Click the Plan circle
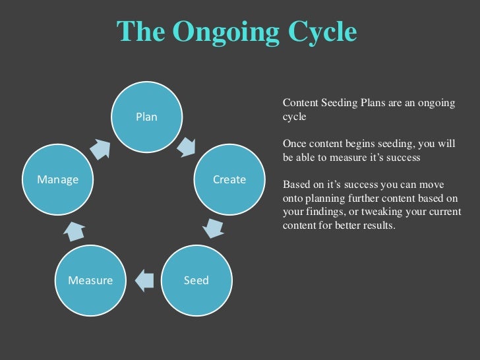[146, 117]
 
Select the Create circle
[228, 180]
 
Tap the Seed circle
[196, 280]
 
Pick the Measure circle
[90, 280]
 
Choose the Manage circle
[58, 179]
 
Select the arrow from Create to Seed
[212, 227]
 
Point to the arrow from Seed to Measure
[144, 280]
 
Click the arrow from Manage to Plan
[100, 148]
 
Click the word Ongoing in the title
[224, 32]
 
